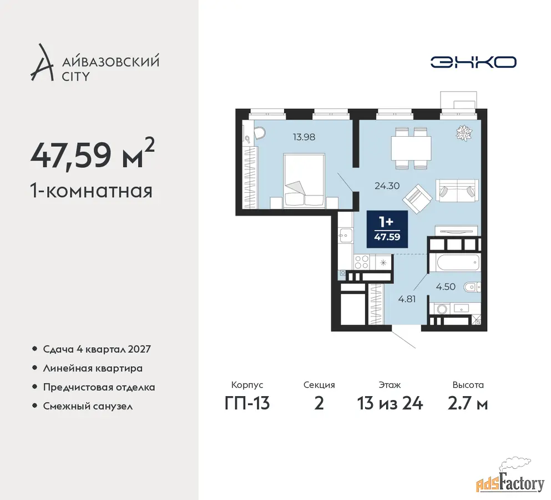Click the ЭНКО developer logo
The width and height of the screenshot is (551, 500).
pos(473,62)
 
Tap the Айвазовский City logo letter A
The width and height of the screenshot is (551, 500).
pos(42,63)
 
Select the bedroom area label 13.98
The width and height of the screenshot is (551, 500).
pos(304,137)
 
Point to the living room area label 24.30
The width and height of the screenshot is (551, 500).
pos(387,186)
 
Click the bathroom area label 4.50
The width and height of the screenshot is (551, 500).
pos(446,287)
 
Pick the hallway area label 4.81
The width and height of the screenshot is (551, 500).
pos(407,299)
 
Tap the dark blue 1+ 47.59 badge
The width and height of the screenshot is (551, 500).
pos(387,229)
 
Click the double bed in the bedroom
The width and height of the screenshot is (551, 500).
pos(304,180)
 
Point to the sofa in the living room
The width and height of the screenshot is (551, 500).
pos(457,191)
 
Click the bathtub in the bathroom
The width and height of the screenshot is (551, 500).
pos(454,262)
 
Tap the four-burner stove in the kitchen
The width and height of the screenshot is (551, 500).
pos(361,262)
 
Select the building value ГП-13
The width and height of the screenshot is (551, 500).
pos(247,403)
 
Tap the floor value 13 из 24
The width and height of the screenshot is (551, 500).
pos(390,403)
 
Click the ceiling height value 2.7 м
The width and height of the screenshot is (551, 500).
pos(468,403)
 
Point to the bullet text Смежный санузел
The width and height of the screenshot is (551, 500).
pos(88,407)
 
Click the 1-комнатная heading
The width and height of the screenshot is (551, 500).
pos(92,191)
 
